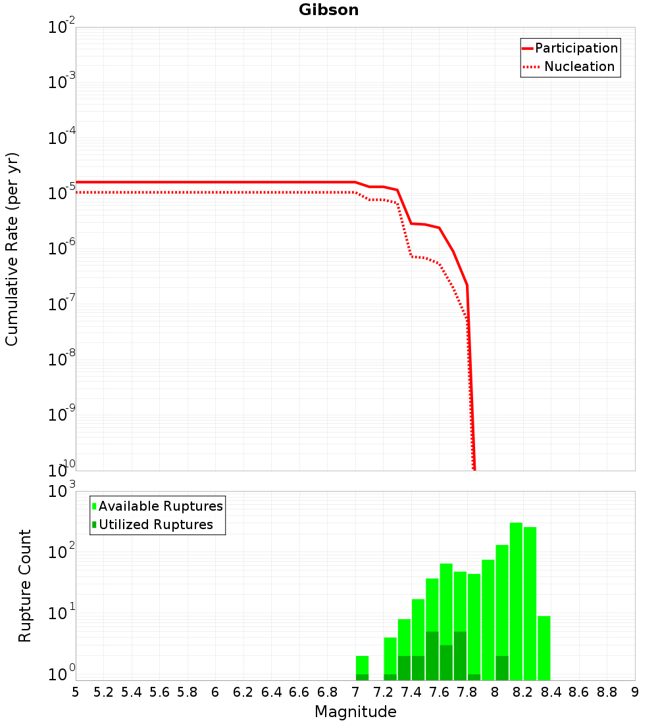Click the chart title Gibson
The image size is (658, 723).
pos(328,10)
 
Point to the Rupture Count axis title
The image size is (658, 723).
pos(25,586)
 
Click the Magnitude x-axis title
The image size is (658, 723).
pos(355,712)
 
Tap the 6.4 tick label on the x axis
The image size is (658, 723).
pos(271,692)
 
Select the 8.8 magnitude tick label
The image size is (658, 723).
pos(607,692)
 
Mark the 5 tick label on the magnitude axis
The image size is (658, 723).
pos(76,692)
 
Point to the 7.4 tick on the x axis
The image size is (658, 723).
pos(411,692)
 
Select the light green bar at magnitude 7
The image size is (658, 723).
pos(362,664)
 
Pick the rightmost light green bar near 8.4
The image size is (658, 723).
pos(544,647)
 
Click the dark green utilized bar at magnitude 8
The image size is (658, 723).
pos(502,668)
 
